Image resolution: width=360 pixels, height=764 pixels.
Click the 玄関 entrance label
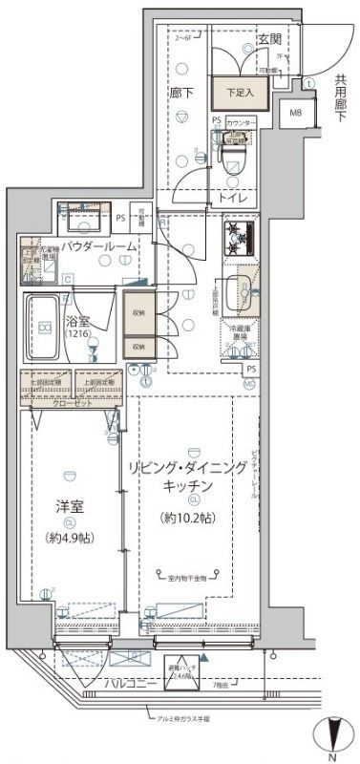click(269, 39)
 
